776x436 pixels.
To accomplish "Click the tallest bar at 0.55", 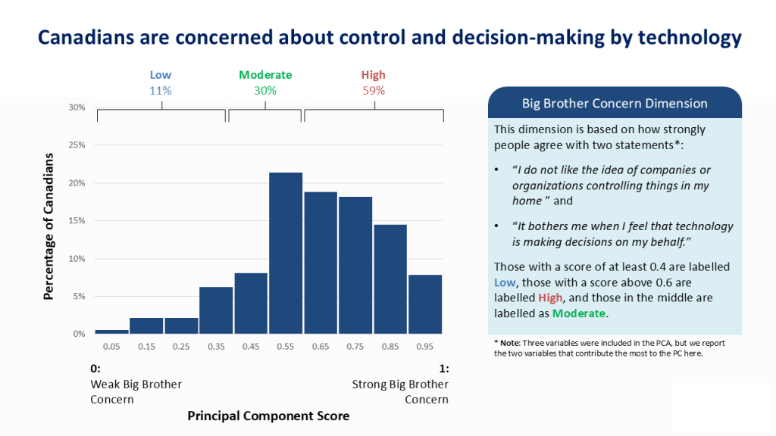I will [x=286, y=253].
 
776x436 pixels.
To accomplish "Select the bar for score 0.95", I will [x=425, y=304].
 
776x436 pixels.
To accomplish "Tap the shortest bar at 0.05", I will [x=111, y=331].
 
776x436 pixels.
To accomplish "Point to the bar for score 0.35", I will [x=216, y=310].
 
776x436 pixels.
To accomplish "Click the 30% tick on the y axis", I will [x=77, y=107].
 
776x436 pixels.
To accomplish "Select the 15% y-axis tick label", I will [x=77, y=221].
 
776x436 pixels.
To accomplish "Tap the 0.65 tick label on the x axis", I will [x=321, y=346].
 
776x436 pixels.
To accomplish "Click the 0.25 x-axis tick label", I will [x=181, y=346].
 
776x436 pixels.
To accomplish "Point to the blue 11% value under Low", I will [x=161, y=90].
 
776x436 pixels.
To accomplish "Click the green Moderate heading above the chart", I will [x=265, y=75].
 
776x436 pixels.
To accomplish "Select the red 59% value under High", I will [x=373, y=90].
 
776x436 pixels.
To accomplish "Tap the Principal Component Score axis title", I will [x=268, y=416].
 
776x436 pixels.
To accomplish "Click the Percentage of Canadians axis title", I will [x=49, y=226].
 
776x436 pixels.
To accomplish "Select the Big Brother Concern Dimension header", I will [x=615, y=104].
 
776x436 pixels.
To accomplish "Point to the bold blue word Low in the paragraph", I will [x=505, y=282].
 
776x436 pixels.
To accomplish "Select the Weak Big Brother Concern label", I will [x=136, y=391].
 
